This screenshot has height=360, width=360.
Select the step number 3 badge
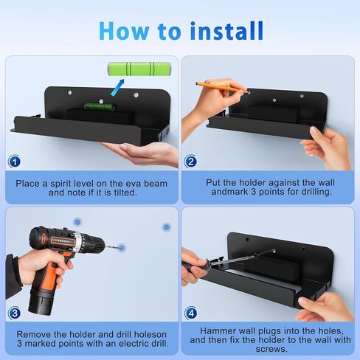coord(15,312)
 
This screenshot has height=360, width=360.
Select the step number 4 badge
coord(190,312)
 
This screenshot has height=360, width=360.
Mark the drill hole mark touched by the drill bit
coord(122,248)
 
